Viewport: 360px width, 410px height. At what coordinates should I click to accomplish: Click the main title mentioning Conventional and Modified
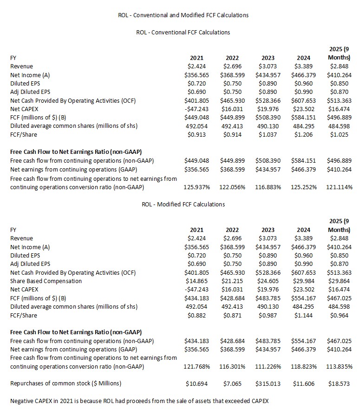coord(183,15)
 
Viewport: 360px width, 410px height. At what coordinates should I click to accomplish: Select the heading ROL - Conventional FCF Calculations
coord(183,33)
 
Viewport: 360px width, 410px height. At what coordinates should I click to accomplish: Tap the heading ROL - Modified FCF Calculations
coord(183,204)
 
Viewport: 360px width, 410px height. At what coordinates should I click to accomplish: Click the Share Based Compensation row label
coord(46,281)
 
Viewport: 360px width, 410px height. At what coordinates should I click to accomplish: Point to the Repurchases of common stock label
coord(65,384)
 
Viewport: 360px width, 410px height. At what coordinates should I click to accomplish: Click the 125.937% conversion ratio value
coord(197,187)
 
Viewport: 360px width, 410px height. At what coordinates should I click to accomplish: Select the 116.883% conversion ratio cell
coord(268,187)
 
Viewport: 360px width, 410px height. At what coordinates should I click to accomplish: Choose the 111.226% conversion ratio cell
coord(268,367)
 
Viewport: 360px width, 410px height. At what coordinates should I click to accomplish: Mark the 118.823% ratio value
coord(304,367)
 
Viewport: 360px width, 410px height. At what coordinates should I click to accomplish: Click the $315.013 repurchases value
coord(268,384)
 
